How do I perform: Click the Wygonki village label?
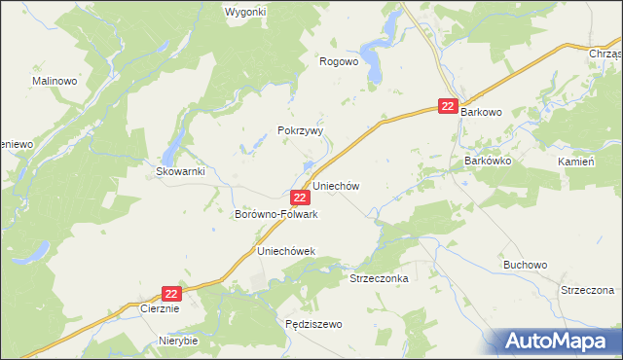pos(245,12)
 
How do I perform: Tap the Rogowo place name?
pos(340,60)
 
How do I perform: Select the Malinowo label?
pos(55,81)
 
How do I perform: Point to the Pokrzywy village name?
pos(300,130)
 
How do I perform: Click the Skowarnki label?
pos(178,170)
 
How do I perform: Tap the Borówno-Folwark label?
pos(276,213)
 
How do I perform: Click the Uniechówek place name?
pos(286,251)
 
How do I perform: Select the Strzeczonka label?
pos(379,278)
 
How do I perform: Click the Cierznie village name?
pos(161,309)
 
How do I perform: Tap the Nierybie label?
pos(178,341)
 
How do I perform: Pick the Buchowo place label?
pos(526,264)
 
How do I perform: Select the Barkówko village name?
pos(489,160)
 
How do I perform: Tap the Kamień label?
pos(576,161)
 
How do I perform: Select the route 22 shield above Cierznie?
pos(171,293)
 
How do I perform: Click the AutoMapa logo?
pos(560,340)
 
